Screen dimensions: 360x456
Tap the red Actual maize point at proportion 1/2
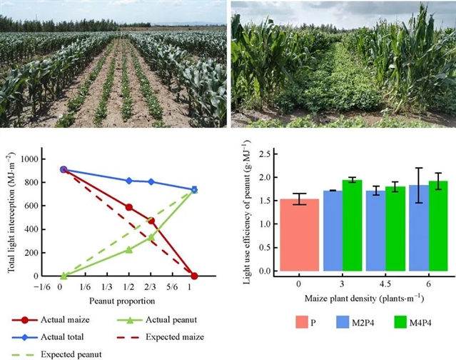pos(129,207)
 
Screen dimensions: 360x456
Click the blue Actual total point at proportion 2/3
pos(151,182)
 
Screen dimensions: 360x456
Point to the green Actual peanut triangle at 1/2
pos(129,249)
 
